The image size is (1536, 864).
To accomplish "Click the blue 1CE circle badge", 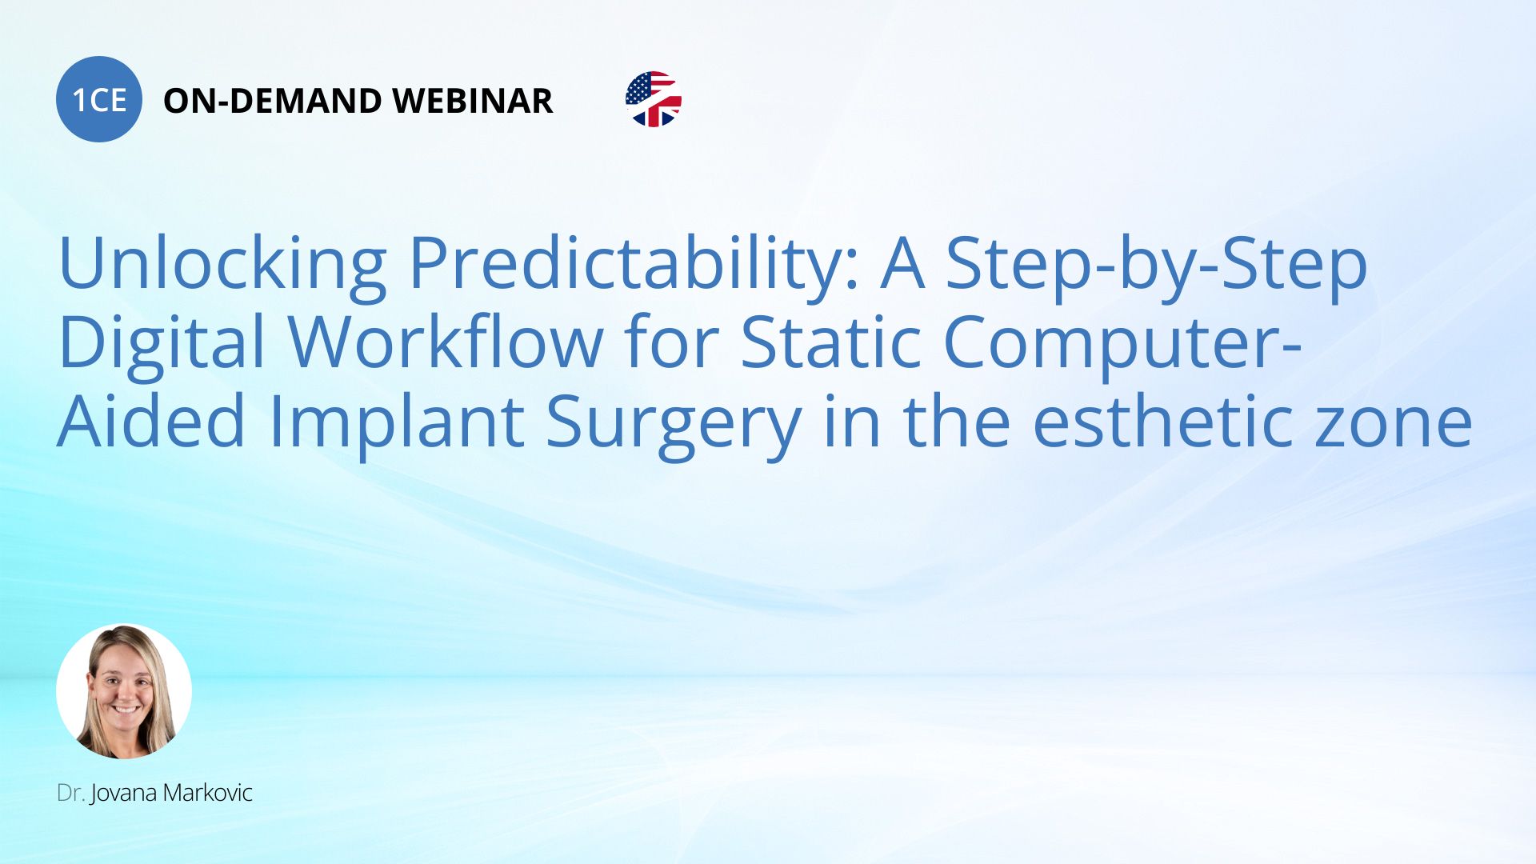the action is [x=99, y=99].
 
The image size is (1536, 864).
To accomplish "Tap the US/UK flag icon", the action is [x=654, y=99].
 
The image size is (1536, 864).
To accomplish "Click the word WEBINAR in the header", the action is [x=473, y=101].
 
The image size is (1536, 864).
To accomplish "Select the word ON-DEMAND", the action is [x=273, y=101].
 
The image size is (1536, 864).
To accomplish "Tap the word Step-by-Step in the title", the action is [x=1157, y=264].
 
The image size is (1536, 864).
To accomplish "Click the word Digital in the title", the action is [x=162, y=342].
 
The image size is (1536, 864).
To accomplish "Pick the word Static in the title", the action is [x=832, y=342].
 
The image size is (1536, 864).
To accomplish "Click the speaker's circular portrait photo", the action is [x=124, y=691].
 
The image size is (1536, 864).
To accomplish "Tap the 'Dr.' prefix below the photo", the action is [x=71, y=793].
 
